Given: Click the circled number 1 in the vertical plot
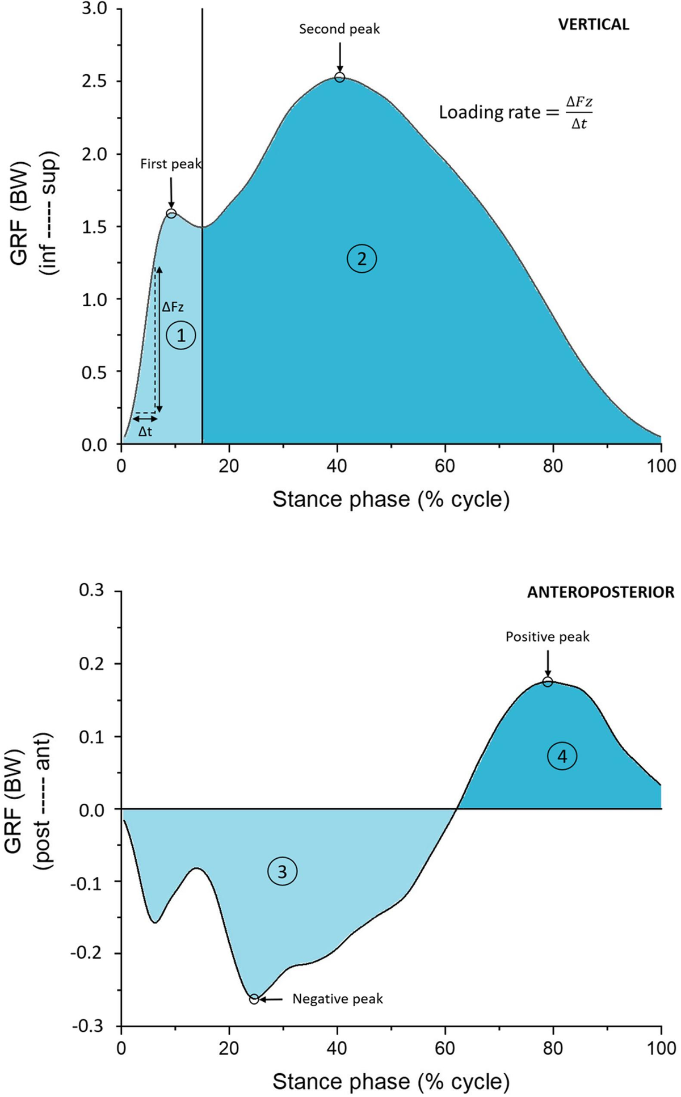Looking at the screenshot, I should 180,336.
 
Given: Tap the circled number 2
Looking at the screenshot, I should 361,259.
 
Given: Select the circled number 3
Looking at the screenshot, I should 282,871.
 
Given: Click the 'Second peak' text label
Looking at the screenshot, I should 339,29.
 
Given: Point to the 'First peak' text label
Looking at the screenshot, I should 171,164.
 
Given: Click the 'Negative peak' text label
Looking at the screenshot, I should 338,999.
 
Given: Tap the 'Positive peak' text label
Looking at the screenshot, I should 547,637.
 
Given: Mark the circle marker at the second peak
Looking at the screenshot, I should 339,77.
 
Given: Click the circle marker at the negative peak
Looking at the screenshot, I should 254,999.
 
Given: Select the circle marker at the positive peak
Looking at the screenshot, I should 547,682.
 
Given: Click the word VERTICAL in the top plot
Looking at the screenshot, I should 594,24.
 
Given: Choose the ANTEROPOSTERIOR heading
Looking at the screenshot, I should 600,592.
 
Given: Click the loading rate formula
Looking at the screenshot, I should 515,112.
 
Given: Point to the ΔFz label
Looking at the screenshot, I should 173,307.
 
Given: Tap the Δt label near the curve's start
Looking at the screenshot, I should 145,432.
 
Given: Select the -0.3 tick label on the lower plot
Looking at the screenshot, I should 87,1026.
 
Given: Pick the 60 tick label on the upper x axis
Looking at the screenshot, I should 445,466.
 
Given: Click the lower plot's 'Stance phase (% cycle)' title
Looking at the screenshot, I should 391,1081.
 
